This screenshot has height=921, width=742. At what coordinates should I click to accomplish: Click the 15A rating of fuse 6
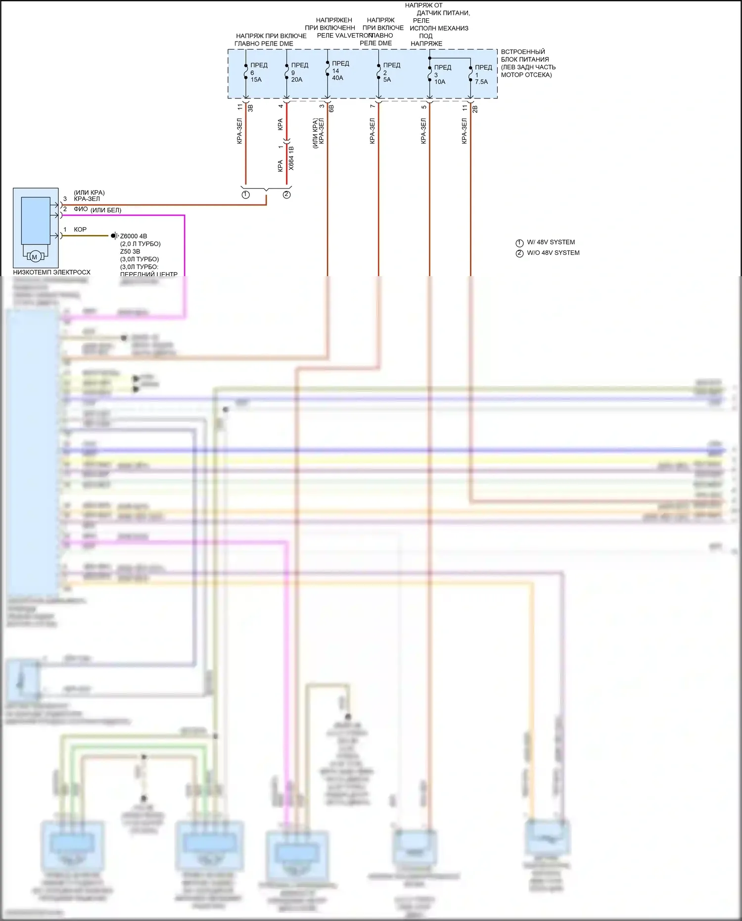pyautogui.click(x=256, y=80)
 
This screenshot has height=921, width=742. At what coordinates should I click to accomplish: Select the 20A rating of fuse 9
pyautogui.click(x=297, y=80)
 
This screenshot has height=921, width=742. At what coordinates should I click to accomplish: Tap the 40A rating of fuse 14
pyautogui.click(x=337, y=78)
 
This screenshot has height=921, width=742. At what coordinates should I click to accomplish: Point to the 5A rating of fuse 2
pyautogui.click(x=387, y=80)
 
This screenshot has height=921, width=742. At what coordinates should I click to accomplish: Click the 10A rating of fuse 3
pyautogui.click(x=440, y=82)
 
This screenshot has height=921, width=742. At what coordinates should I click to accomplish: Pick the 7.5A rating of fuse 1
pyautogui.click(x=481, y=82)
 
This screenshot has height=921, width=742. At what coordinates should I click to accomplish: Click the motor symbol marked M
pyautogui.click(x=35, y=257)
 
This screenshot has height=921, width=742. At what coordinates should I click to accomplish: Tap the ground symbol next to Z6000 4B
pyautogui.click(x=114, y=236)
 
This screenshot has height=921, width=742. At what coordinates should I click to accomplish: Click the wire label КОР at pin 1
pyautogui.click(x=80, y=230)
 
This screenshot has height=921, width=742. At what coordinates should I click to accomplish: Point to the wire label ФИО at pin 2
pyautogui.click(x=81, y=209)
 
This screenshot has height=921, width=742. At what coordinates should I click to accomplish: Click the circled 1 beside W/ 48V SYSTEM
pyautogui.click(x=519, y=243)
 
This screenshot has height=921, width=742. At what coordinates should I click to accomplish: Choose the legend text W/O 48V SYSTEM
pyautogui.click(x=553, y=253)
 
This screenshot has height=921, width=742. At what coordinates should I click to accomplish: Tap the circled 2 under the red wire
pyautogui.click(x=286, y=194)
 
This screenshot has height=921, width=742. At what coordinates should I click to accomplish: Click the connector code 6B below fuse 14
pyautogui.click(x=331, y=108)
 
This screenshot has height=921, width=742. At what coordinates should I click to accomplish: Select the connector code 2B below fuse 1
pyautogui.click(x=475, y=108)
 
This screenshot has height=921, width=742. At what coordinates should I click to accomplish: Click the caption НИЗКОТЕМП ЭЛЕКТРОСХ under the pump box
pyautogui.click(x=51, y=272)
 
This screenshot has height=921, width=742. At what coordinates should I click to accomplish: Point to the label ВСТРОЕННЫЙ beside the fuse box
pyautogui.click(x=523, y=52)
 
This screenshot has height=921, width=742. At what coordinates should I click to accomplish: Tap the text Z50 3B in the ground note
pyautogui.click(x=130, y=251)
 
